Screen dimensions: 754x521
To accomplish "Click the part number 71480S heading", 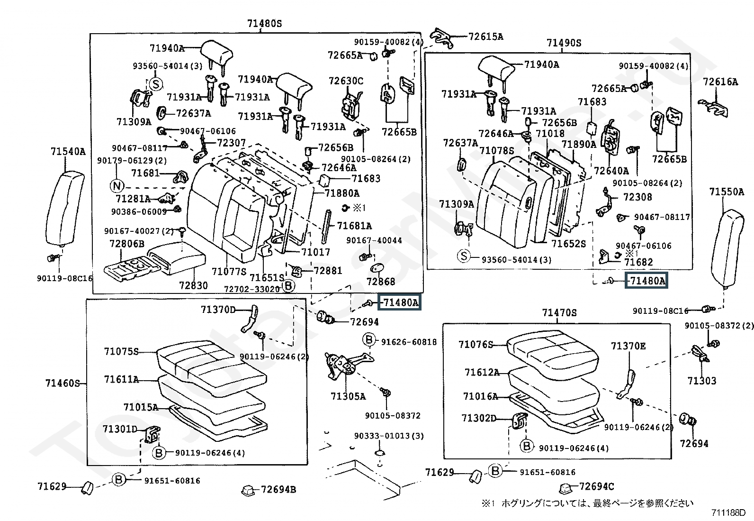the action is (x=265, y=24).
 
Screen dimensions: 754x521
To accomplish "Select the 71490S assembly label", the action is (x=564, y=43).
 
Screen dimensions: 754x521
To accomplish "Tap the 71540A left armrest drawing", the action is (x=65, y=209).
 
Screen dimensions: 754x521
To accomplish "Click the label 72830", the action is (x=193, y=285).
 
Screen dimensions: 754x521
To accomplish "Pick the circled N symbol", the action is (x=117, y=186).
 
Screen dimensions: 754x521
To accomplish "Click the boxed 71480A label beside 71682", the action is (x=646, y=280).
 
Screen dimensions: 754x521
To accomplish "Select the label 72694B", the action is (x=278, y=489).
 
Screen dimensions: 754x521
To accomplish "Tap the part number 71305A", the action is (x=348, y=396).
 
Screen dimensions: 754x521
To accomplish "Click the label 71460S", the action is (x=63, y=383).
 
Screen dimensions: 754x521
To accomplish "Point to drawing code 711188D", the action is (x=728, y=512).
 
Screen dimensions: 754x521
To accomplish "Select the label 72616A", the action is (x=720, y=82).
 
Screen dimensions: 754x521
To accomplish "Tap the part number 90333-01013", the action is (x=389, y=436).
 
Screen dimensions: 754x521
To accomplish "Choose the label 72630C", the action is (x=346, y=81).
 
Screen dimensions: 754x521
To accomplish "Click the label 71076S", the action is (x=476, y=345).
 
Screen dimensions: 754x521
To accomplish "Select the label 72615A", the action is (x=486, y=37).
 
